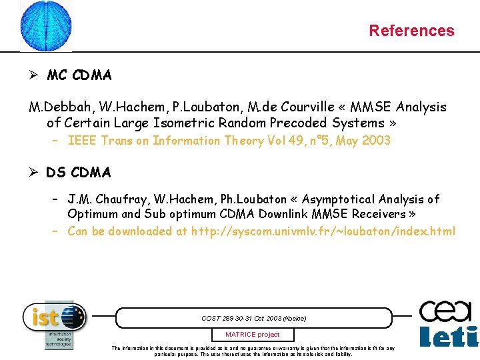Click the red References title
pos(411,31)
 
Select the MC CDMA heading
pos(79,75)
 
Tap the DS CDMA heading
pos(79,173)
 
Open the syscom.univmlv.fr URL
pos(323,231)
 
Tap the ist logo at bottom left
pos(55,317)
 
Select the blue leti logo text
pos(448,336)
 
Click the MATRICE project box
pos(252,334)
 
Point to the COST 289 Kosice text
pos(253,318)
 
